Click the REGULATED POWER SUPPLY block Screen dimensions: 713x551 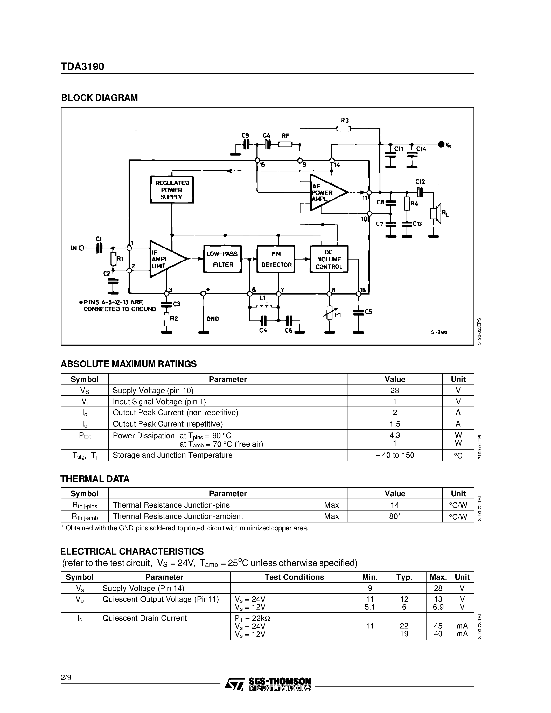pos(171,190)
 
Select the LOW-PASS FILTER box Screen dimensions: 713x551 pos(222,259)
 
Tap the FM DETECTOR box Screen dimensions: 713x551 pos(276,259)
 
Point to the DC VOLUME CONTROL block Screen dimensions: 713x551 pos(329,259)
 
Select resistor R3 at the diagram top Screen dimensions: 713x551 pos(343,128)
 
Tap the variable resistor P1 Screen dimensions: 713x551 pos(330,312)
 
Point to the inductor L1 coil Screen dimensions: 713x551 pos(264,306)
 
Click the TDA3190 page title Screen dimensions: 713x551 pos(82,67)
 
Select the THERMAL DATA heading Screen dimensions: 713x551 pos(95,479)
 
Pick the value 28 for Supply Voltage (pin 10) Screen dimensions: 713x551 pos(395,390)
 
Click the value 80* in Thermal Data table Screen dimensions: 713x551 pos(395,516)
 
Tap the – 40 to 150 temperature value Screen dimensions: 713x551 pos(395,455)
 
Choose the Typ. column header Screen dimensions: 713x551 pos(404,577)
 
